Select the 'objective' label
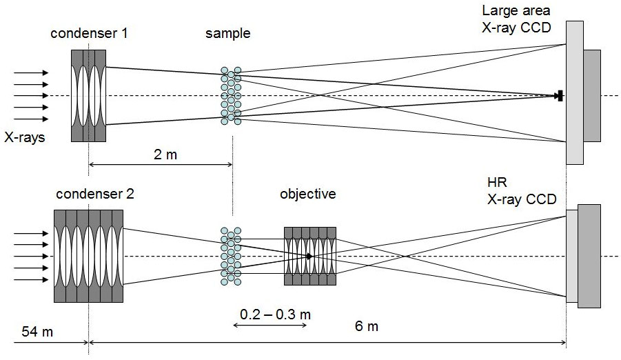pos(308,194)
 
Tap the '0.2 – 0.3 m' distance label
pos(275,314)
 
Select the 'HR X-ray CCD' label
pos(522,190)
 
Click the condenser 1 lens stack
pos(88,95)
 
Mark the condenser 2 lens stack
pos(89,256)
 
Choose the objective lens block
pos(309,256)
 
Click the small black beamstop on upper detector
pos(561,96)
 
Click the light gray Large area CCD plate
pos(574,93)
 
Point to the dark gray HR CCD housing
pos(589,256)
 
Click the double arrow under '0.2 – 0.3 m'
pos(270,325)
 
